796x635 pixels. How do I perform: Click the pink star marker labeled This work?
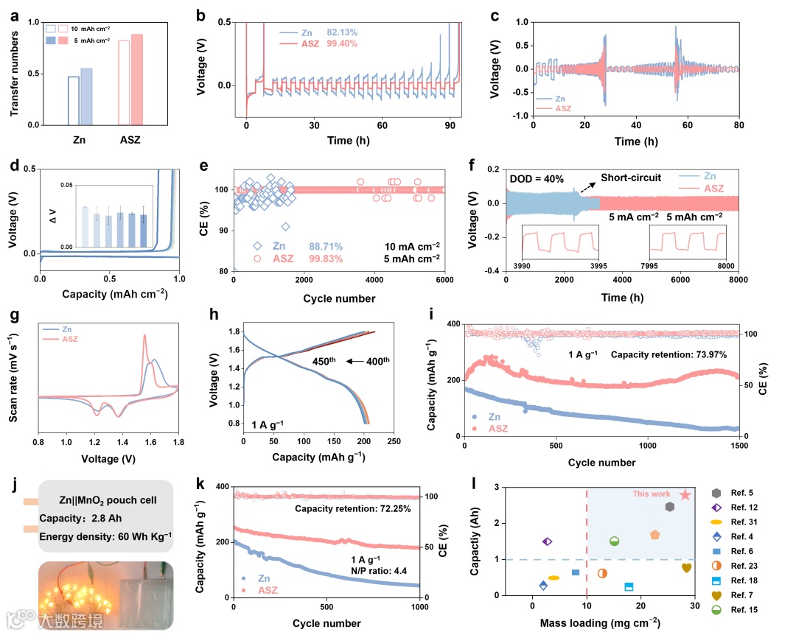point(685,495)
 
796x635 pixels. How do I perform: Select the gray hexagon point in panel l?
point(669,507)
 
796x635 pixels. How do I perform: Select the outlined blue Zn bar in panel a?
point(74,101)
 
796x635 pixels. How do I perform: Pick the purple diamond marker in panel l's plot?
point(548,541)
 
